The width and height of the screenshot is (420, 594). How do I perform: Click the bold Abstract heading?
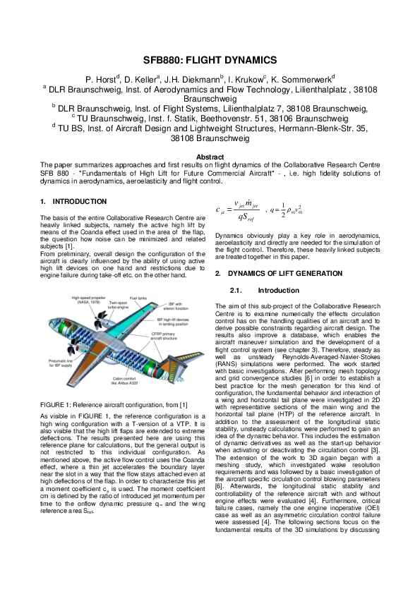pyautogui.click(x=210, y=157)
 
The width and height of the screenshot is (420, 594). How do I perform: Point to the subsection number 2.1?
pyautogui.click(x=236, y=290)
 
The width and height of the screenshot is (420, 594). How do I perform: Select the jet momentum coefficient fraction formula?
pyautogui.click(x=236, y=210)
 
